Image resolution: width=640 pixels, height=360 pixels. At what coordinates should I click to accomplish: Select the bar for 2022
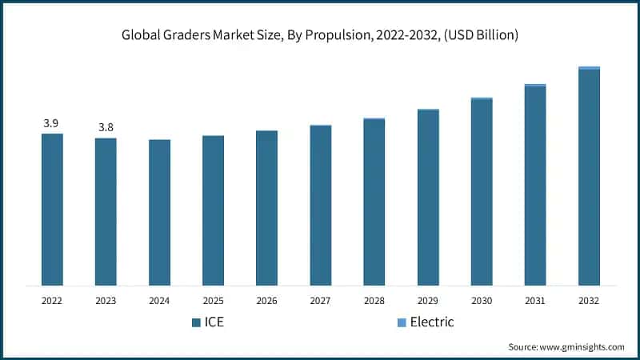pyautogui.click(x=52, y=209)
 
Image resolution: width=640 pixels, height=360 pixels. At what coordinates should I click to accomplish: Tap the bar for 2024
pyautogui.click(x=159, y=212)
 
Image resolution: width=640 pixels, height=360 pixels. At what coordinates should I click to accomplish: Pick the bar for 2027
pyautogui.click(x=320, y=205)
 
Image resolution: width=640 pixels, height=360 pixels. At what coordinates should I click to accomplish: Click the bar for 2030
pyautogui.click(x=482, y=191)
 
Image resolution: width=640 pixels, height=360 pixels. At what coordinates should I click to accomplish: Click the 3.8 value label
pyautogui.click(x=106, y=127)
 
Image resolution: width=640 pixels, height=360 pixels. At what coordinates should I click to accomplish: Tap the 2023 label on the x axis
pyautogui.click(x=106, y=301)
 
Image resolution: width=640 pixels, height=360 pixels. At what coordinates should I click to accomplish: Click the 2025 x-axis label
pyautogui.click(x=213, y=301)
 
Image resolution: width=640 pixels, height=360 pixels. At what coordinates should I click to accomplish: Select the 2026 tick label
pyautogui.click(x=266, y=301)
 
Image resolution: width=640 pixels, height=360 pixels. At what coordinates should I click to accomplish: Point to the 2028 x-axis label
pyautogui.click(x=374, y=301)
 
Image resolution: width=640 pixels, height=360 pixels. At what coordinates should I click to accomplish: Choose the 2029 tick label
pyautogui.click(x=428, y=301)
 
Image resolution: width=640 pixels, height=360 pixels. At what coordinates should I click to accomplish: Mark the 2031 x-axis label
pyautogui.click(x=535, y=301)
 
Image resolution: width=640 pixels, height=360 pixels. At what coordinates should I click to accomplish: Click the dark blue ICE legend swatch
pyautogui.click(x=196, y=323)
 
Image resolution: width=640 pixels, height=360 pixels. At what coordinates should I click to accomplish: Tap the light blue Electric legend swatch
pyautogui.click(x=402, y=323)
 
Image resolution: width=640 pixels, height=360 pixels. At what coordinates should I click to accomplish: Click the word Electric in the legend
pyautogui.click(x=432, y=322)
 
